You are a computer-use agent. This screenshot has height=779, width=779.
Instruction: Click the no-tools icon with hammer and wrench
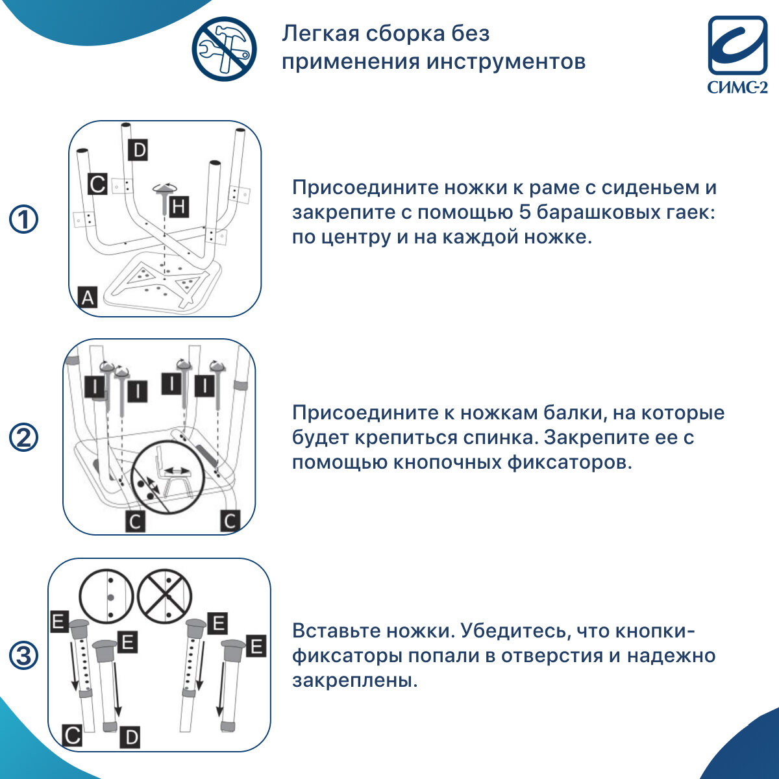(224, 49)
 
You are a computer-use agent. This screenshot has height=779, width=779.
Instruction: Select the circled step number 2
(24, 438)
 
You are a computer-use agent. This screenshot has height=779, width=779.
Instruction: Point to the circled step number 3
(24, 656)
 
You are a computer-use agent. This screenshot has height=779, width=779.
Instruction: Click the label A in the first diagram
(88, 297)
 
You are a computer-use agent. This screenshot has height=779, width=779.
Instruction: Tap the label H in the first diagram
(179, 207)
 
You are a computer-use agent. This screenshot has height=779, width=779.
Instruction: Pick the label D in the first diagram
(138, 151)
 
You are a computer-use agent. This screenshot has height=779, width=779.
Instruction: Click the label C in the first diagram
(97, 184)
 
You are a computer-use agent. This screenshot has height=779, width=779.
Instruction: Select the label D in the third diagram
(130, 737)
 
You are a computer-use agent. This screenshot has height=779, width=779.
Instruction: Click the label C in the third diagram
(73, 736)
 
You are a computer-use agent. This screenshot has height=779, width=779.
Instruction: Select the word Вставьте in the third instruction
(336, 631)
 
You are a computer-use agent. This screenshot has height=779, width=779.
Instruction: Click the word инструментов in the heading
(506, 62)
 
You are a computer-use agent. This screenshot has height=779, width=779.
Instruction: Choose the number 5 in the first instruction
(526, 212)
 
